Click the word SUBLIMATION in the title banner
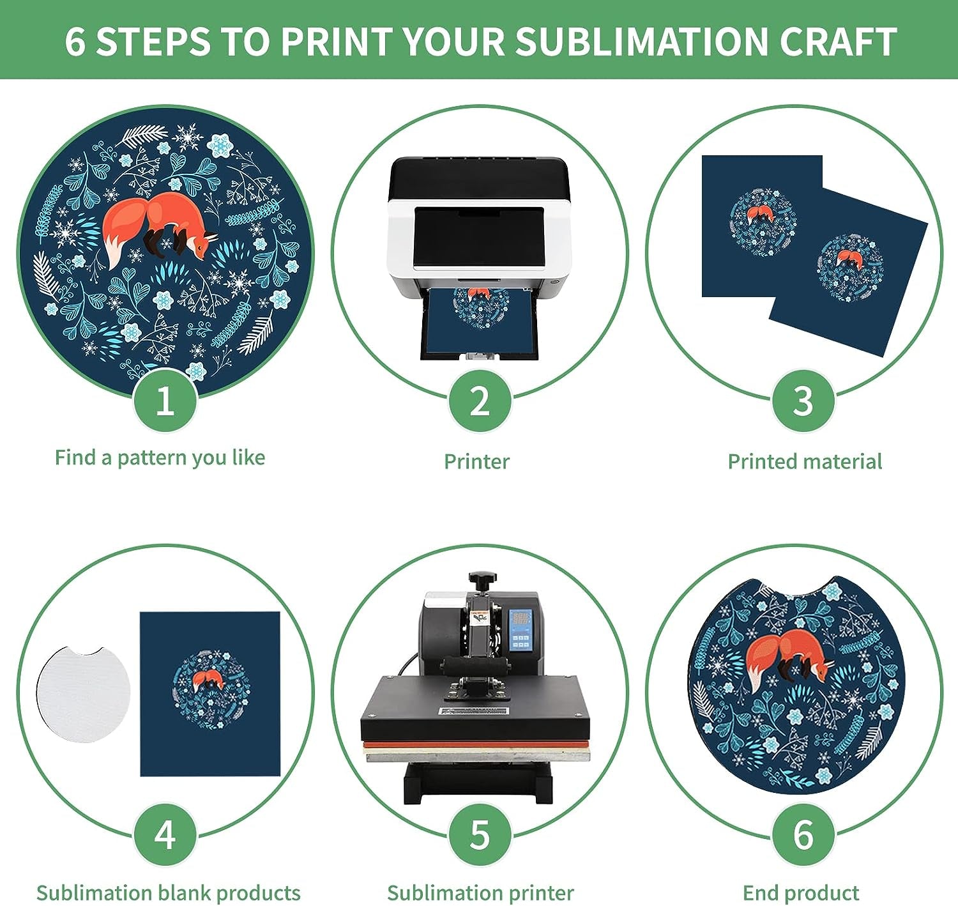click(x=641, y=41)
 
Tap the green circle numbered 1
click(x=165, y=401)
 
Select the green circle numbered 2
click(x=480, y=401)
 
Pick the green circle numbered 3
click(x=803, y=401)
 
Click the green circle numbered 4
click(x=165, y=834)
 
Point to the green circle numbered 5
click(x=480, y=834)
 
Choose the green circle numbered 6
click(x=803, y=834)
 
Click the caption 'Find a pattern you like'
click(x=160, y=458)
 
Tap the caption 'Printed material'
click(x=805, y=461)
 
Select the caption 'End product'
click(x=801, y=893)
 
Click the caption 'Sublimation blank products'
click(x=169, y=893)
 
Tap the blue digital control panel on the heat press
click(x=521, y=630)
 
